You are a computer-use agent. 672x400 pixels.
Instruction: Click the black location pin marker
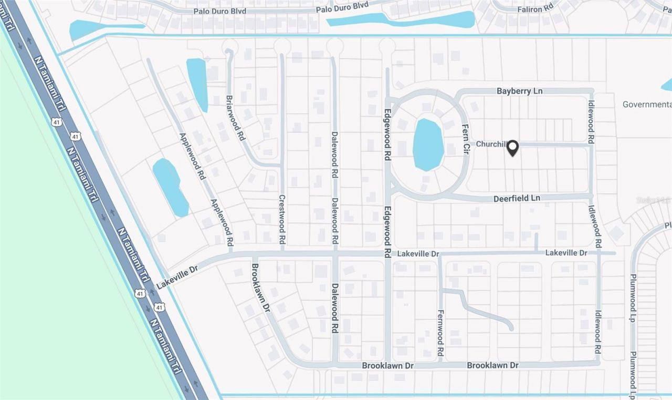(x=513, y=148)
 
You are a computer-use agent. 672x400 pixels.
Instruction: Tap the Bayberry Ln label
(x=519, y=91)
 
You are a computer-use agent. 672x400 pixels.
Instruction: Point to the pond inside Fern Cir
(x=428, y=144)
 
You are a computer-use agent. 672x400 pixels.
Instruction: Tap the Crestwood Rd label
(x=282, y=220)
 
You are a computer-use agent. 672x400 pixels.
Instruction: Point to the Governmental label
(x=647, y=104)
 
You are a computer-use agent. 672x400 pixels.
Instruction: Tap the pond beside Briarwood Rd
(x=197, y=84)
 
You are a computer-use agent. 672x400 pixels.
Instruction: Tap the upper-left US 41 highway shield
(x=56, y=122)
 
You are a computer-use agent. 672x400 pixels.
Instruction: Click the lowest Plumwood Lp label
(x=633, y=374)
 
